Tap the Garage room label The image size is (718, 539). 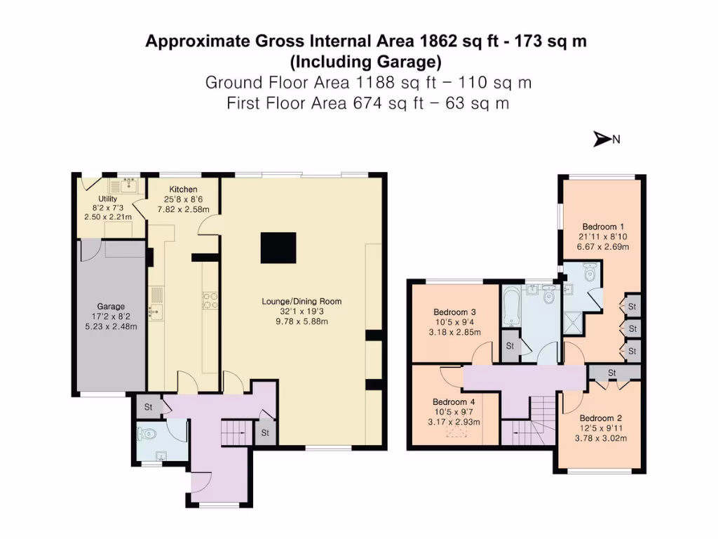pyautogui.click(x=111, y=306)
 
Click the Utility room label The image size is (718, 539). pyautogui.click(x=107, y=199)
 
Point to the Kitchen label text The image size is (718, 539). pyautogui.click(x=183, y=189)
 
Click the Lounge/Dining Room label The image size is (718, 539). pyautogui.click(x=302, y=302)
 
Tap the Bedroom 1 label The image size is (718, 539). pyautogui.click(x=603, y=227)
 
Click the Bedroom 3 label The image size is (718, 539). pyautogui.click(x=454, y=312)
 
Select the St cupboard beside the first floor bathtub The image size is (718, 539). pyautogui.click(x=510, y=346)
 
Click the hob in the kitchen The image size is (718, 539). pyautogui.click(x=209, y=300)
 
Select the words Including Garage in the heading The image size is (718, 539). pyautogui.click(x=365, y=61)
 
